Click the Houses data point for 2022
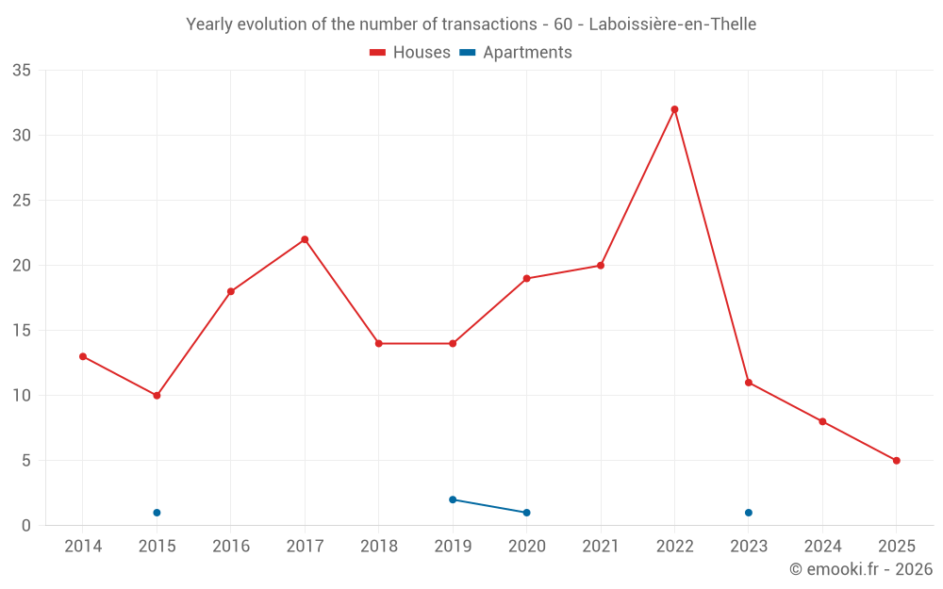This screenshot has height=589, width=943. [674, 109]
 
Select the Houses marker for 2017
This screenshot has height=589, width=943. [305, 239]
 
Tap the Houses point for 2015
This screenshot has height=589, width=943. [157, 396]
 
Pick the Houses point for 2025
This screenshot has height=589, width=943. [896, 461]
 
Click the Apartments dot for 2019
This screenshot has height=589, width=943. [453, 499]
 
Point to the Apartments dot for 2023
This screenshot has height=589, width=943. [748, 513]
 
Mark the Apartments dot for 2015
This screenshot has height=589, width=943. [157, 513]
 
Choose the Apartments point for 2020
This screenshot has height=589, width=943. [526, 513]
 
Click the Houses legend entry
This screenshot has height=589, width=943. [410, 53]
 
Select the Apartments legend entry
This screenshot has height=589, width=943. [516, 53]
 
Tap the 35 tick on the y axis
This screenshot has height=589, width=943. [22, 71]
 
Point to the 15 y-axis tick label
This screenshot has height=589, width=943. [22, 331]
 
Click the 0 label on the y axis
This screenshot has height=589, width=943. [26, 526]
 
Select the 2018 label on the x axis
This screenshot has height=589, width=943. [378, 547]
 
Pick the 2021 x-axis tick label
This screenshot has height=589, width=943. [601, 547]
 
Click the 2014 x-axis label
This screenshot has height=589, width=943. [83, 547]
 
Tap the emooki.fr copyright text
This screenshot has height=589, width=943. [860, 569]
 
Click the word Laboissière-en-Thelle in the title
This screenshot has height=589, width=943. [671, 25]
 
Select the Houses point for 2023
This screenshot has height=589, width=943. [748, 383]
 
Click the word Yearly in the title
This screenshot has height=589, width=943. [208, 25]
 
